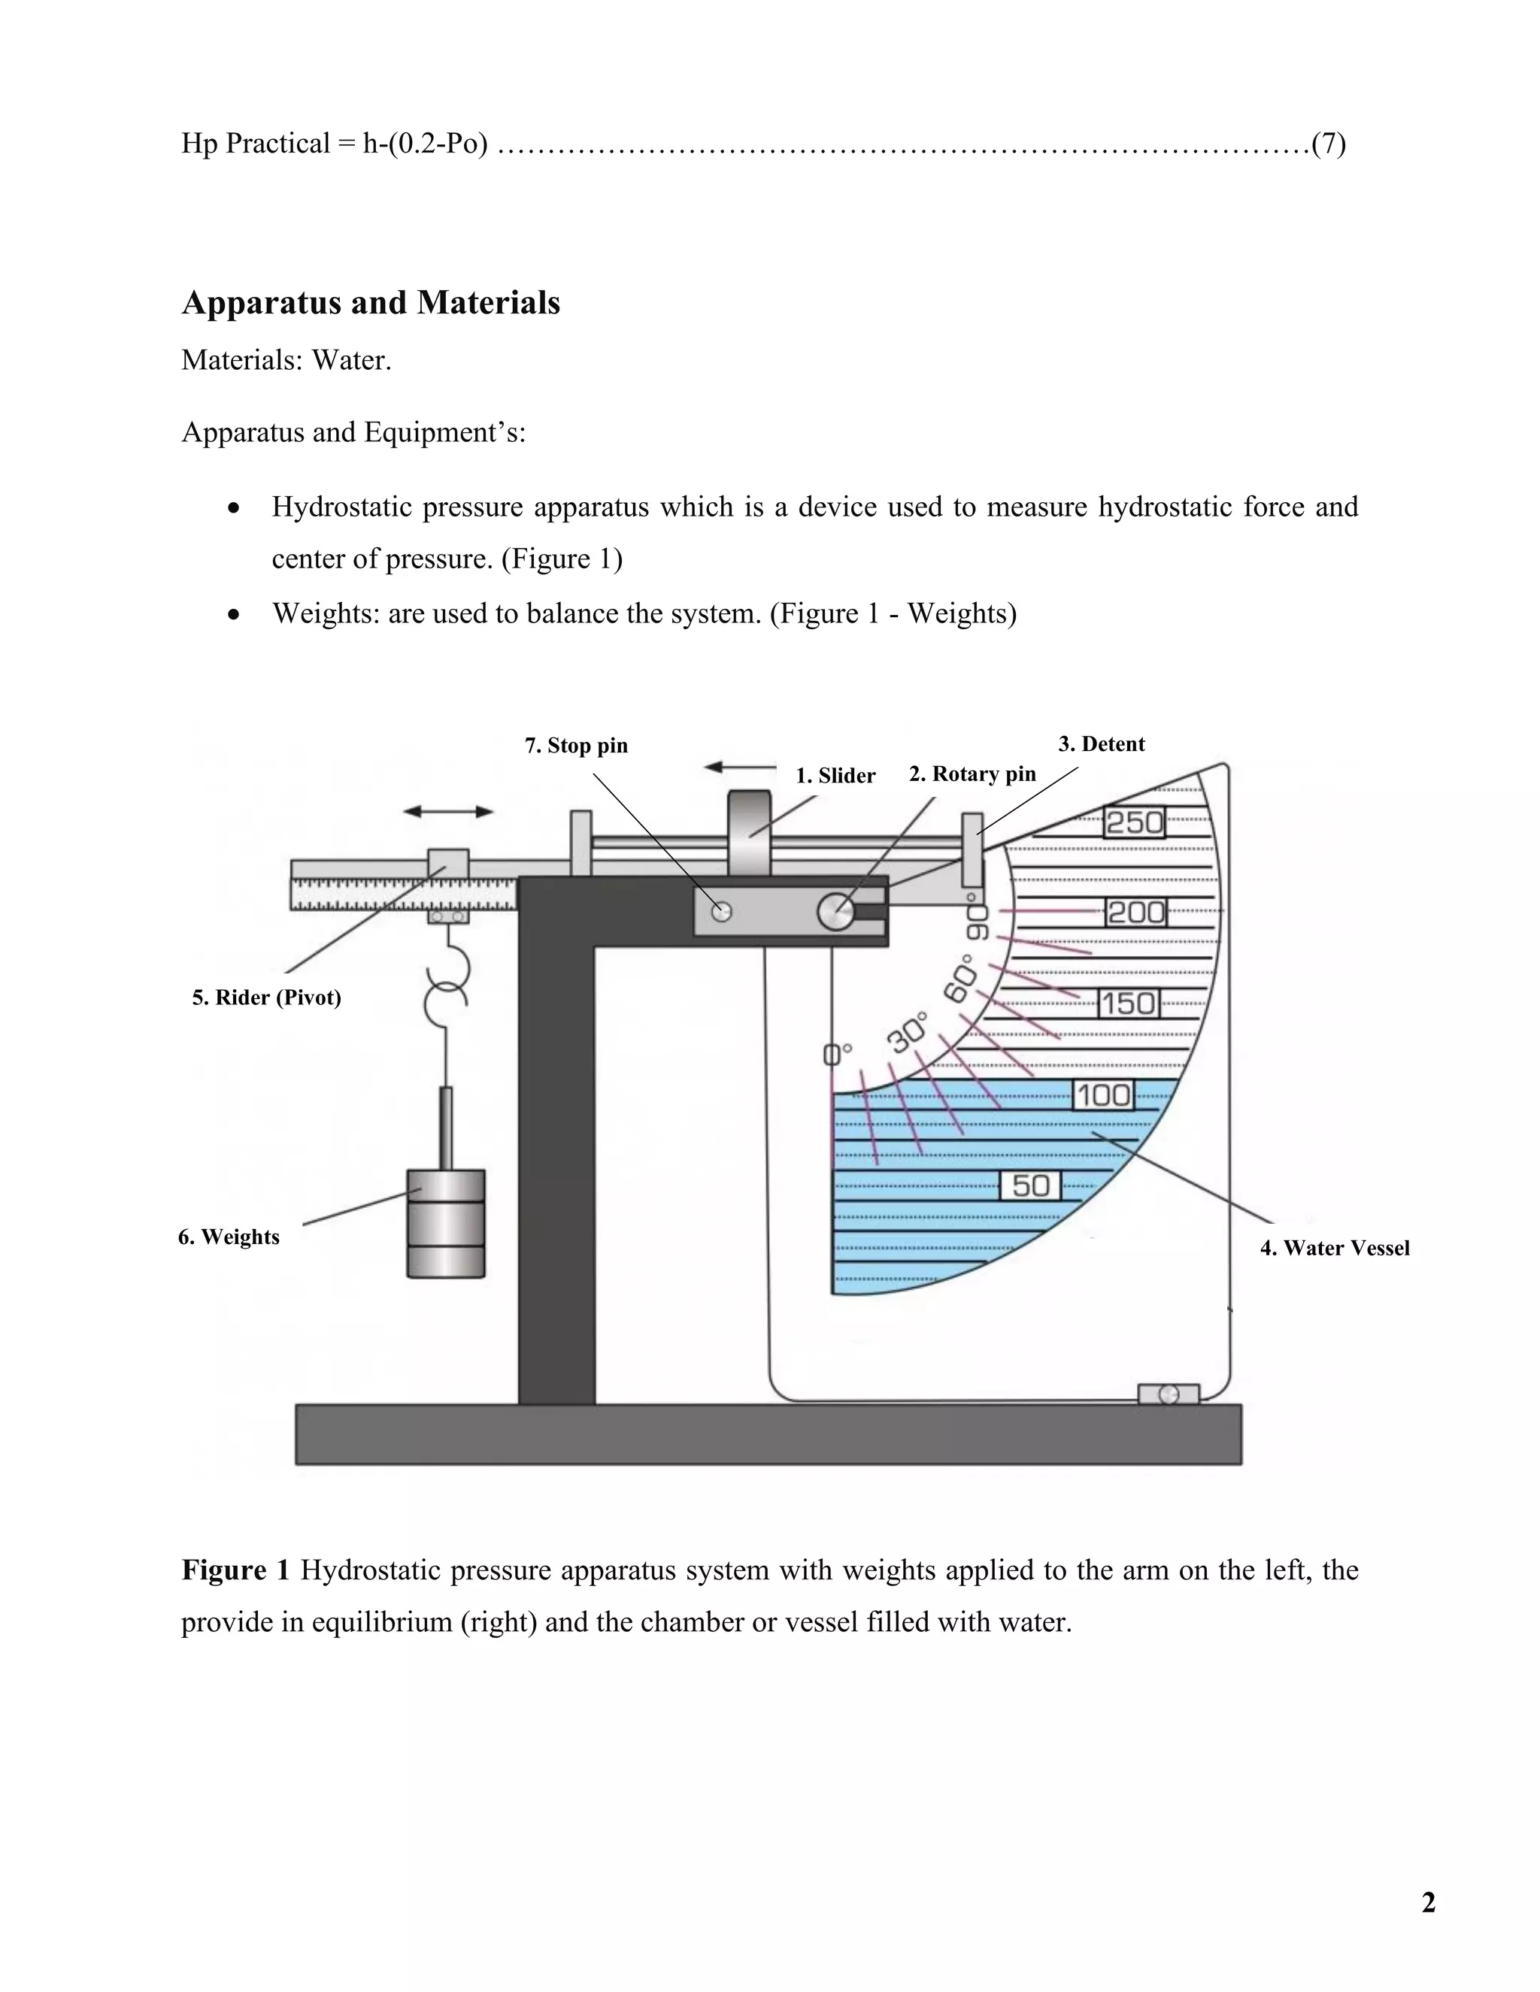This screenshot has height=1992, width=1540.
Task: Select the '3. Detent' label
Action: [1100, 743]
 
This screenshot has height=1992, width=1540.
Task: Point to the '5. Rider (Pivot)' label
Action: [266, 997]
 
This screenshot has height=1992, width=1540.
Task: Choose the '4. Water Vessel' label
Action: [1334, 1248]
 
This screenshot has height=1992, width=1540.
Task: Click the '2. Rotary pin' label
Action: [972, 773]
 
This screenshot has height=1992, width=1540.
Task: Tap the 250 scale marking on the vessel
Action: [1134, 822]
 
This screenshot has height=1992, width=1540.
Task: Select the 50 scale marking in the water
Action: [1031, 1185]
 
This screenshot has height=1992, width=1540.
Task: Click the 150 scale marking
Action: [1128, 1004]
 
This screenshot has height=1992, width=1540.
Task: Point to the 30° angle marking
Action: [907, 1031]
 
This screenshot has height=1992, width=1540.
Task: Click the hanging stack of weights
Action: [445, 1223]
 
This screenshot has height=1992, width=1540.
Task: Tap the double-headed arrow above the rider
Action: [448, 811]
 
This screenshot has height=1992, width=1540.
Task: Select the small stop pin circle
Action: [722, 911]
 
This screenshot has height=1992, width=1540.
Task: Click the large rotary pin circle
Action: [835, 911]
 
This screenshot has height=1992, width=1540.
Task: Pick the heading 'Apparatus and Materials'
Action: [371, 303]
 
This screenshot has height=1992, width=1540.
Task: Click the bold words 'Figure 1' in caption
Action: [235, 1570]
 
